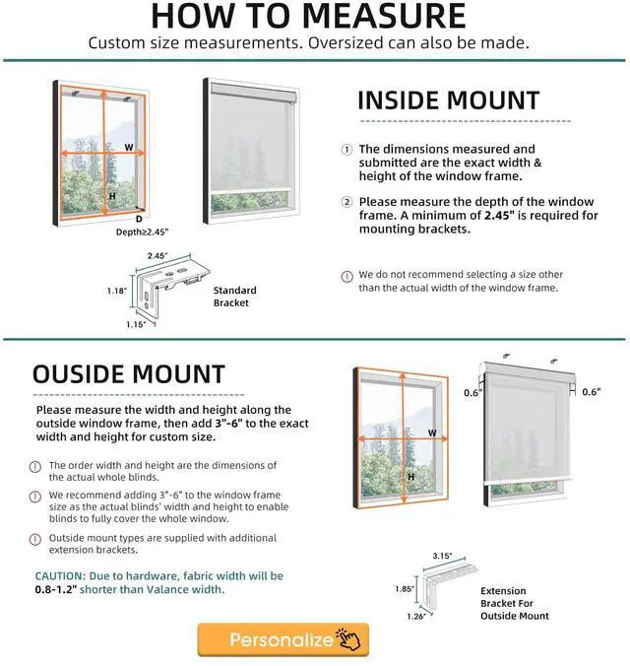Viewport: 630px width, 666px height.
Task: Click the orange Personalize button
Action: click(283, 640)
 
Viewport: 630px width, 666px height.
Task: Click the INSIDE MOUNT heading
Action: click(448, 100)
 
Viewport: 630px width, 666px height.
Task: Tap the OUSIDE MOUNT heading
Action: click(129, 374)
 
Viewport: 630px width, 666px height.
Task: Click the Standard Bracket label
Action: click(234, 297)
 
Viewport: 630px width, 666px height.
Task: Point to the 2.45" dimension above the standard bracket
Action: click(157, 254)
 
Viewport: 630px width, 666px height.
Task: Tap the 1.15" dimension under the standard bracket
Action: click(136, 324)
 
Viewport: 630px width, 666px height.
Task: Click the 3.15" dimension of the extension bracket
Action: click(443, 557)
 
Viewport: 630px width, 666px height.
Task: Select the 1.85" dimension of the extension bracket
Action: click(404, 589)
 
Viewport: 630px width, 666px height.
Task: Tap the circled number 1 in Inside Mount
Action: click(346, 150)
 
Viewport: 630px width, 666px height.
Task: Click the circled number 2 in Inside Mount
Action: click(346, 202)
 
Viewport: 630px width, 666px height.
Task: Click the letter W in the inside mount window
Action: click(128, 147)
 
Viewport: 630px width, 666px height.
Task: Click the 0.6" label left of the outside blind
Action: click(472, 392)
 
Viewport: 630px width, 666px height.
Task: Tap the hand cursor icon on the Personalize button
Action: click(348, 641)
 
